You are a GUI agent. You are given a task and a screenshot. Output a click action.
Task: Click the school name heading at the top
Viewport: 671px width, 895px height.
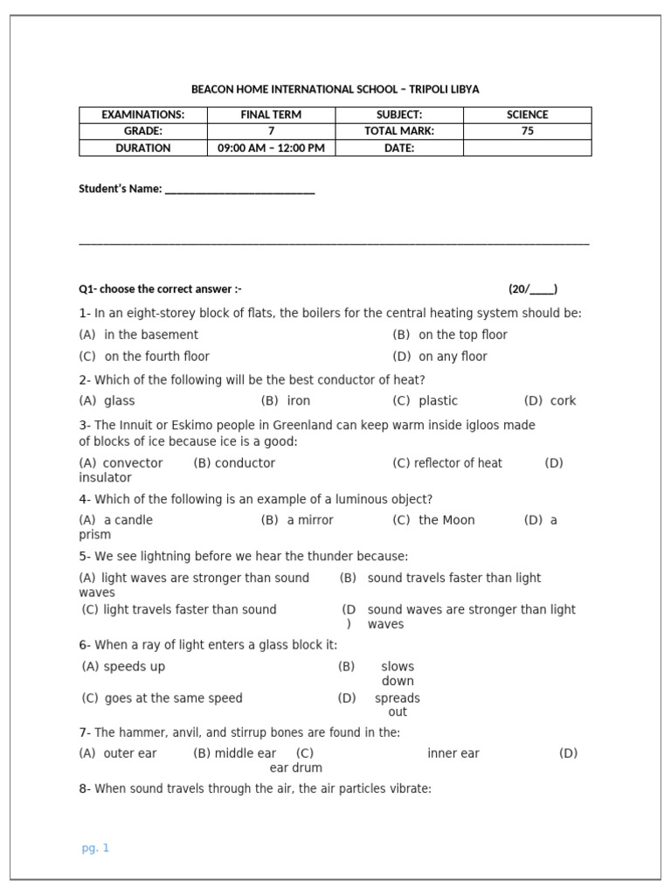pos(335,89)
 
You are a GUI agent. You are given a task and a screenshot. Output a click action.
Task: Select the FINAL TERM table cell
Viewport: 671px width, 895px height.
pos(271,114)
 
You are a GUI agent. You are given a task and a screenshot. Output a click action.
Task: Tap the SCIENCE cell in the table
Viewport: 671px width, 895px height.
pos(527,114)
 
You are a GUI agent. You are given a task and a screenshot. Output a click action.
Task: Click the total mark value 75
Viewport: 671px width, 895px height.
pos(527,131)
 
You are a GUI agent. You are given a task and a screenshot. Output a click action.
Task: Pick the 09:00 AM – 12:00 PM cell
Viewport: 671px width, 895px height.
pos(271,148)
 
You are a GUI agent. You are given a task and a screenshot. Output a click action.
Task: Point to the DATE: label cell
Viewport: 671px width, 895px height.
pos(398,148)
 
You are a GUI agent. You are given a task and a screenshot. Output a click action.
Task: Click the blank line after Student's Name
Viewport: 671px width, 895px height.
pos(239,190)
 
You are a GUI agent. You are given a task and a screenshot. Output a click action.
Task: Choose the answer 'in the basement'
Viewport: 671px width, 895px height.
pos(150,335)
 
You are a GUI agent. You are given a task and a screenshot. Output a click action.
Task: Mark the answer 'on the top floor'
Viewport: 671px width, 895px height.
pos(462,335)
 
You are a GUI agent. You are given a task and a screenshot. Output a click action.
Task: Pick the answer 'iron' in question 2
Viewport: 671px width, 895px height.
pos(298,401)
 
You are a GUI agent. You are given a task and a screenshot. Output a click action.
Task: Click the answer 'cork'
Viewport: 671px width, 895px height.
pos(563,401)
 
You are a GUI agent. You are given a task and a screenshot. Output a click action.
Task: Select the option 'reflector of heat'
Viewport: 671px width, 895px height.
pos(458,463)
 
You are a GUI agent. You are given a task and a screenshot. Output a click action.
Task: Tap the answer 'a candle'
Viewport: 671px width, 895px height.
pos(128,520)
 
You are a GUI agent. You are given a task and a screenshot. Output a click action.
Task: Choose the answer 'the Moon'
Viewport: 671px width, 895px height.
pos(446,520)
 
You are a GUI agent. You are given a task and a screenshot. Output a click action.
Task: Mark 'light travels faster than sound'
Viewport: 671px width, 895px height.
pos(190,610)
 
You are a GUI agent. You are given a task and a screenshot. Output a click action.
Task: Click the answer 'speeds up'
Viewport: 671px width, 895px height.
pos(134,667)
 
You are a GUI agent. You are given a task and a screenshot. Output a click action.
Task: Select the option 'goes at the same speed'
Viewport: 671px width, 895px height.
pos(173,698)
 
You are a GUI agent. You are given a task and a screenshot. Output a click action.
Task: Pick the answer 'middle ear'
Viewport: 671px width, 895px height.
pos(246,753)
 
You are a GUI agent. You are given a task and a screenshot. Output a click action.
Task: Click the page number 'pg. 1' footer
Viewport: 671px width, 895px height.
pos(95,848)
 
